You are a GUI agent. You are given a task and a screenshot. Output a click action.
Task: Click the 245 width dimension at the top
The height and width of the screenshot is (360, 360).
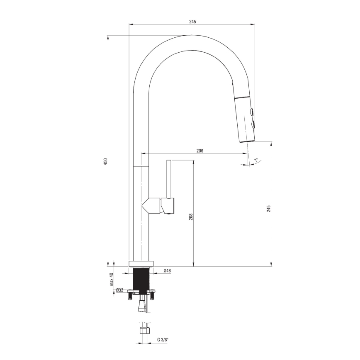coord(192,22)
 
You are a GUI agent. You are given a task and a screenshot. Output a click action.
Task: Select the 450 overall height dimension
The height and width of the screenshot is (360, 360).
coord(105,162)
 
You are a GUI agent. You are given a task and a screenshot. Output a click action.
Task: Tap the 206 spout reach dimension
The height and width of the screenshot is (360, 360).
coord(200,151)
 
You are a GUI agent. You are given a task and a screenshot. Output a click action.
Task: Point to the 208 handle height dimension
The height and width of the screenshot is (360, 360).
coord(191,217)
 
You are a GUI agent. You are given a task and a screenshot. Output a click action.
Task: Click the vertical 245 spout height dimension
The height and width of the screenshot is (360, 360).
coord(269,209)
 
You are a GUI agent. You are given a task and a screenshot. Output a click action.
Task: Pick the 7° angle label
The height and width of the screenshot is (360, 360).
coord(256,160)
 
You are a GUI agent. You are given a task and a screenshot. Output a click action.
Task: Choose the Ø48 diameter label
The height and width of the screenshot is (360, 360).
coord(167,270)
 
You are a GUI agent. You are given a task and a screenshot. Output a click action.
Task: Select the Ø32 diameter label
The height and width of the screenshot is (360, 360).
coord(119,290)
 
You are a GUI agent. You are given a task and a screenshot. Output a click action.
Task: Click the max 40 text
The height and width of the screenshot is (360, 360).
coord(112,280)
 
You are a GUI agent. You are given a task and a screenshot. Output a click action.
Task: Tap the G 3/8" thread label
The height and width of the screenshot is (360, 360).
coord(163,340)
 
